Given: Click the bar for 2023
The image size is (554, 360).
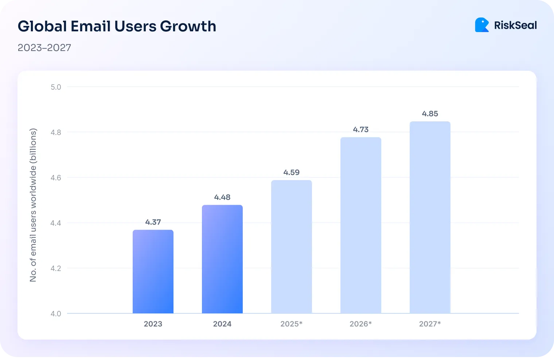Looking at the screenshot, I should pos(153,271).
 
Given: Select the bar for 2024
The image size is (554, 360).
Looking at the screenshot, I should pos(222,259).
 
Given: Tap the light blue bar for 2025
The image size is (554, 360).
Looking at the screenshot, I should pos(292,247).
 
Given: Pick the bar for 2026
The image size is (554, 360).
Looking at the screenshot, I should pos(361,225).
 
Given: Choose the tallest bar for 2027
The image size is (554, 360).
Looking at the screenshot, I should pos(430,217).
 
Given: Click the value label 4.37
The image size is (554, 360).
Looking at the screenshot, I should pos(153,222).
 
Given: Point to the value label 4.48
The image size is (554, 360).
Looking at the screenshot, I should pos(222,197).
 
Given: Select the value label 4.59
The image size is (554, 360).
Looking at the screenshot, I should pos(292,172).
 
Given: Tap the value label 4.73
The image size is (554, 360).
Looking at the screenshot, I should pos(361,129).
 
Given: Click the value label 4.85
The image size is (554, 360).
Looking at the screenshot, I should pos(430,114).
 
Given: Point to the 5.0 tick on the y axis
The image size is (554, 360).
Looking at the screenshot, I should pos(56,87).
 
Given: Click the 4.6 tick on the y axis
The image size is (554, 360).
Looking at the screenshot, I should pos(56,178).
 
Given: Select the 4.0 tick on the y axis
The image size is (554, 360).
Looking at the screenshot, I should pos(56,314).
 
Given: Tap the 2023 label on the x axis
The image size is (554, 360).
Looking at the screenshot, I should pos(153,324).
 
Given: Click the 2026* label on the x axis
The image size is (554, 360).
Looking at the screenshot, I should pos(361,324).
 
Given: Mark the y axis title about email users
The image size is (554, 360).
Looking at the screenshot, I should pos(33,205).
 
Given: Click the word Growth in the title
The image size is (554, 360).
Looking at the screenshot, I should pos(188,26).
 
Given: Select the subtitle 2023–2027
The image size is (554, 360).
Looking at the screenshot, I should pos(44,48).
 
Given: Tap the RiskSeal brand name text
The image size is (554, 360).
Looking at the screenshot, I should pos(515,25).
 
